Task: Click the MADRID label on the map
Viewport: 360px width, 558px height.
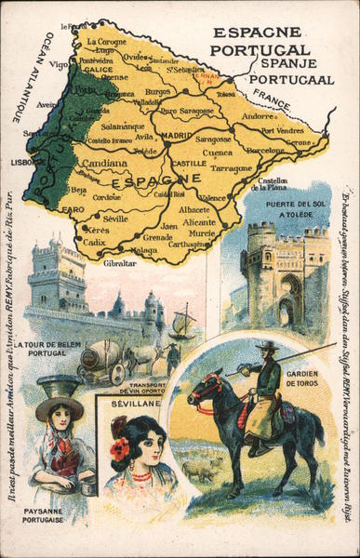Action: [176, 135]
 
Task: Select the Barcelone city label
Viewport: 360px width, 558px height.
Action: [265, 150]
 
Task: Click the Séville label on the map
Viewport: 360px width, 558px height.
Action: [116, 218]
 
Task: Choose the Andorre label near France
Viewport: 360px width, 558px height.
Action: [258, 117]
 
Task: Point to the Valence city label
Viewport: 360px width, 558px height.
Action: [213, 198]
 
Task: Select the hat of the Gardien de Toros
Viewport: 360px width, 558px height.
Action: [268, 346]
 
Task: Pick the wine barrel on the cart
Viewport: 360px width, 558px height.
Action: [99, 357]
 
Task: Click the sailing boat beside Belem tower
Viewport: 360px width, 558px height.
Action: [183, 325]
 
